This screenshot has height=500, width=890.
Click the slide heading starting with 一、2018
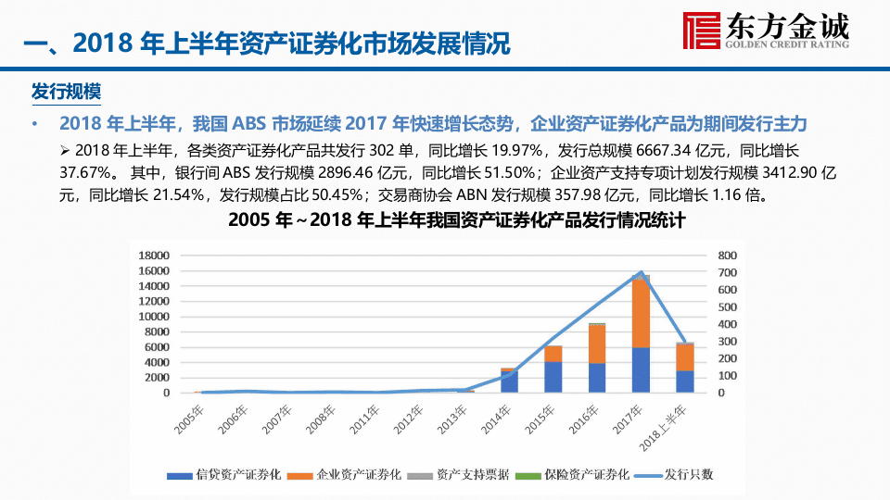point(265,44)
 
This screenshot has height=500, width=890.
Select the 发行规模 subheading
point(66,93)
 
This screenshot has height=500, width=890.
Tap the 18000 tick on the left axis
point(154,255)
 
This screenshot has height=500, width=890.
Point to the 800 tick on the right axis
point(727,255)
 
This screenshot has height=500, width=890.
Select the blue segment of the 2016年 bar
point(597,378)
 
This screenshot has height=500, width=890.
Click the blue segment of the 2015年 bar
point(553,377)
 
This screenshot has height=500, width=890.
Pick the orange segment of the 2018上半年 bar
point(684,357)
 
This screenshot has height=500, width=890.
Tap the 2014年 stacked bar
point(510,381)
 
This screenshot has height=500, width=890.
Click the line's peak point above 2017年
point(641,273)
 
